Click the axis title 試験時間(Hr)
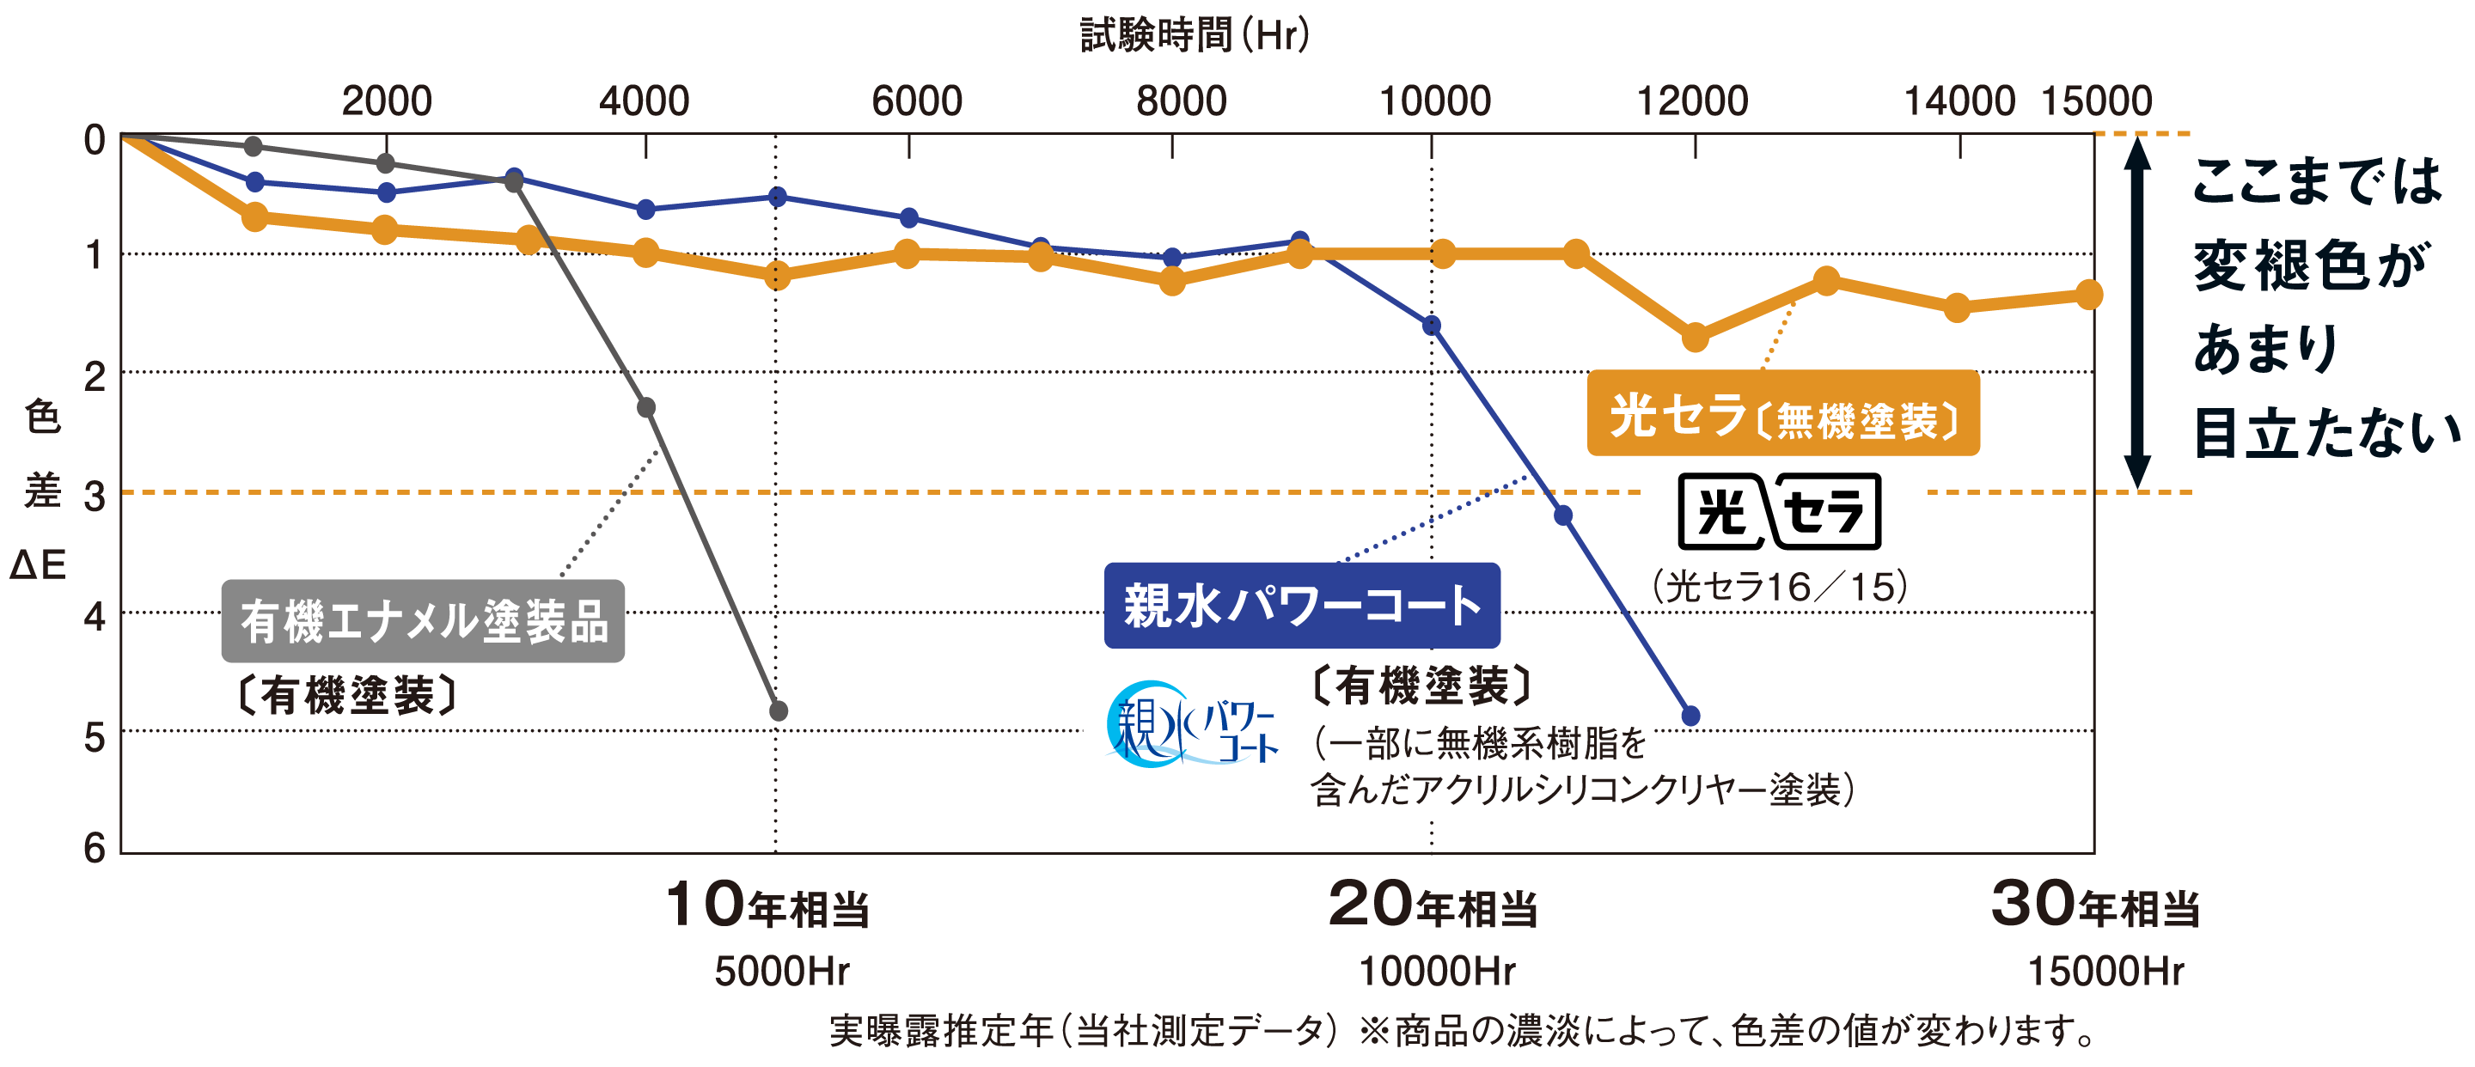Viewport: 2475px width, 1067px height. coord(1195,35)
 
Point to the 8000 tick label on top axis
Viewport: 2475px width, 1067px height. coord(1181,101)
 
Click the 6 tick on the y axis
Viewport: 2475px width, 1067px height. coord(95,848)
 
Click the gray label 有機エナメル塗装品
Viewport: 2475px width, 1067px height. coord(423,621)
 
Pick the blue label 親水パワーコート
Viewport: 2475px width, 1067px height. coord(1302,606)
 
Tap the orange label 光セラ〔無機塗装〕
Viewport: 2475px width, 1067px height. coord(1783,415)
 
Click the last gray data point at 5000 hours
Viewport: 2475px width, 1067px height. coord(779,711)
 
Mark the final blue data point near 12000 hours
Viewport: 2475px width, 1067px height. coord(1691,716)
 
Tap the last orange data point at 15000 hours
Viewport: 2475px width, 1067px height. coord(2089,295)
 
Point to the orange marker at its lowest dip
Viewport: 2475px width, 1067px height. coord(1696,337)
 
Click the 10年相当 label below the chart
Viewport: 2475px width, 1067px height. coord(767,905)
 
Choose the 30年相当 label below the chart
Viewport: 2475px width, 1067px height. coord(2095,905)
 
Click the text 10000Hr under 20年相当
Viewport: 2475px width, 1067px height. coord(1436,972)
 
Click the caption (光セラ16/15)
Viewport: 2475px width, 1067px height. coord(1778,587)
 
